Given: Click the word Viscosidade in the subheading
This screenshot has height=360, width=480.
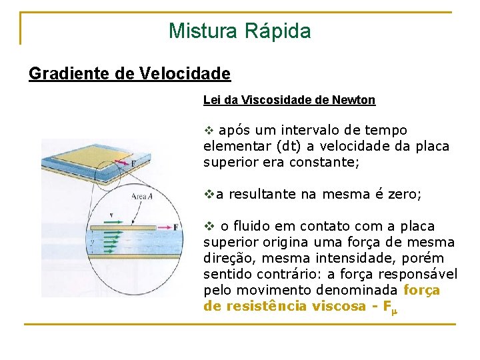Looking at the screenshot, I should (x=275, y=100).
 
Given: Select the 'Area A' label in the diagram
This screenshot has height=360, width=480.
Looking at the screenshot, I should (x=141, y=196).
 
